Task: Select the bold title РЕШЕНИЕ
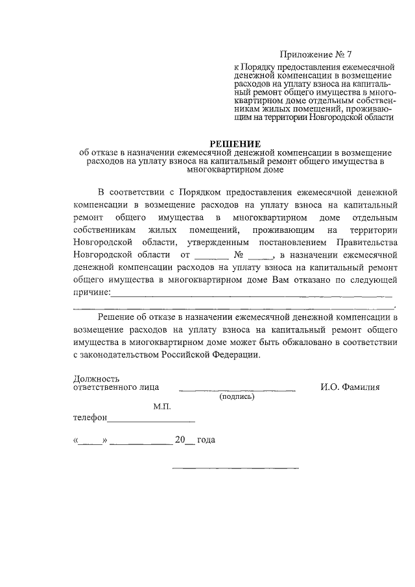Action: (234, 142)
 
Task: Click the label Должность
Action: (96, 378)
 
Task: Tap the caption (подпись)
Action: (237, 396)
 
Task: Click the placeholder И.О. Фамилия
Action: (350, 387)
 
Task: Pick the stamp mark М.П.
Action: (161, 407)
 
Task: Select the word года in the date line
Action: (206, 440)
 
